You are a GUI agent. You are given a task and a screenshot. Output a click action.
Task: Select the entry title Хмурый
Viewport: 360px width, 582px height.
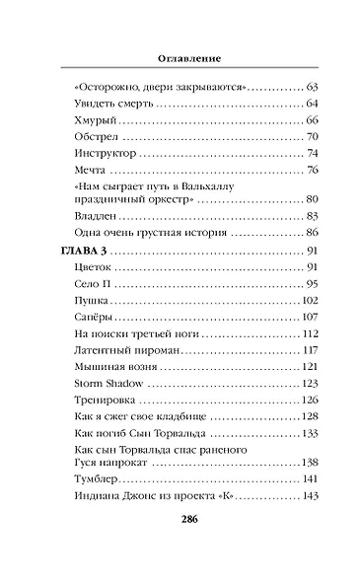[x=95, y=119]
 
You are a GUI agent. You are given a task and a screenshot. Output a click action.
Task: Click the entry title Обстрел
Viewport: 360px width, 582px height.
[x=97, y=136]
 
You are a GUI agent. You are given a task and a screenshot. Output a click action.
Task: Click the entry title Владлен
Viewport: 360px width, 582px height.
[x=98, y=216]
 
